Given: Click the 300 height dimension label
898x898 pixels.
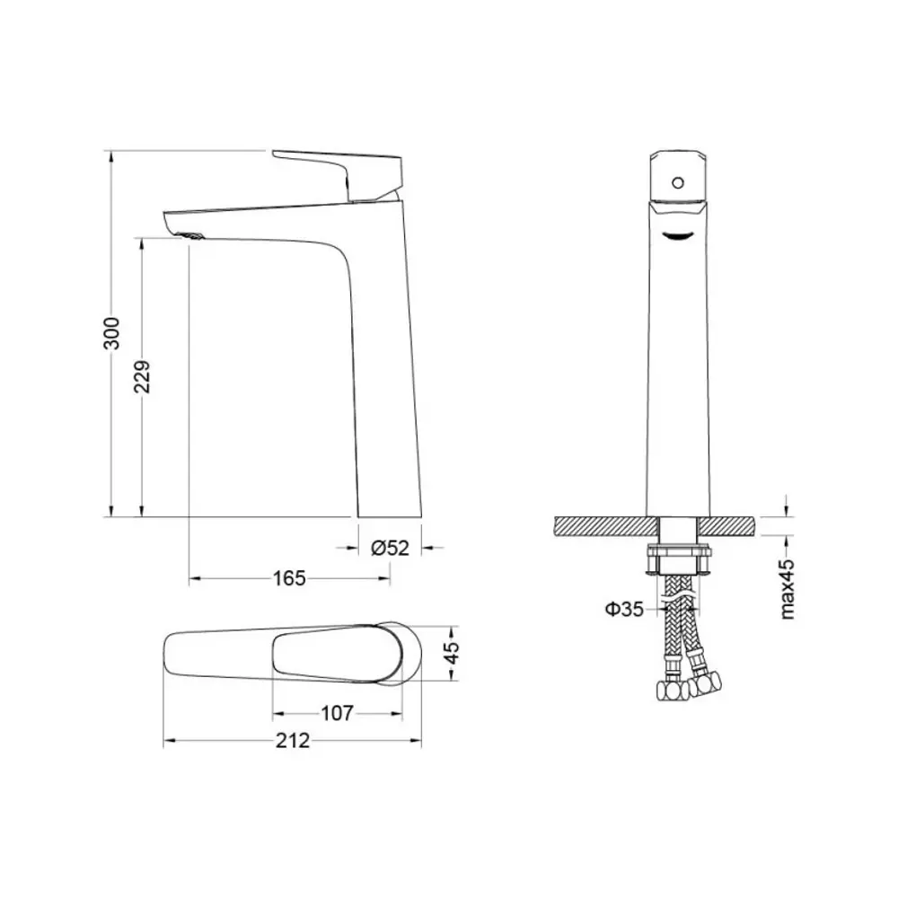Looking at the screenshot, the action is point(112,333).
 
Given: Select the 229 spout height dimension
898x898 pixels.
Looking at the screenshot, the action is point(142,376).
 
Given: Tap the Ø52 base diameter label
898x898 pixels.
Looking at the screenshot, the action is point(390,548).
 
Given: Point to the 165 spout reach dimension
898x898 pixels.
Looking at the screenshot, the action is point(289,578).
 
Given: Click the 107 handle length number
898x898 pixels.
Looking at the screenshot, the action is point(338,713).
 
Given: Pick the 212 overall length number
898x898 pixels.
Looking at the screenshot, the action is point(293,741).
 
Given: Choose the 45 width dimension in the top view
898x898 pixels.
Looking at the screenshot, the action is point(452,653).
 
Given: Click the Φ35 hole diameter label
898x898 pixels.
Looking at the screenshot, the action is point(625,609).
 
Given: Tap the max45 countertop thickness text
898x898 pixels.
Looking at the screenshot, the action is point(788,589).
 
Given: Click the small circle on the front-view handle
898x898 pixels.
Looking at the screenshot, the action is point(677,183).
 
